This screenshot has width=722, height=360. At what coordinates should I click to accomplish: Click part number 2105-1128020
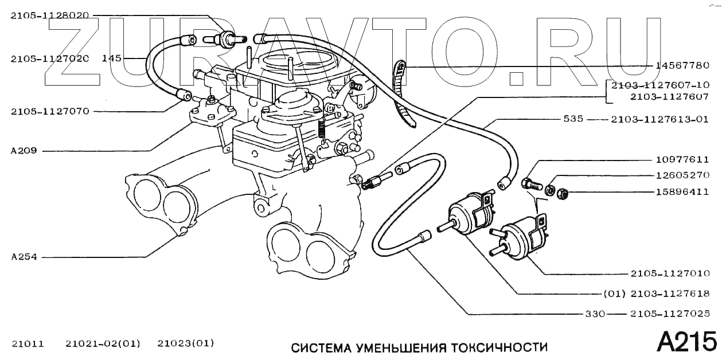49,16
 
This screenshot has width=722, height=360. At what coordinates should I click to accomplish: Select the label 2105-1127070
49,111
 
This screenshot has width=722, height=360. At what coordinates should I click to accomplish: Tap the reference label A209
24,151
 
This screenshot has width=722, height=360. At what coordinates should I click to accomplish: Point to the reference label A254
24,257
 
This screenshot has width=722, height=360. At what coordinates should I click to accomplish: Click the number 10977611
682,161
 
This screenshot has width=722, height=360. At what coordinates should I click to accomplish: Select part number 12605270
682,176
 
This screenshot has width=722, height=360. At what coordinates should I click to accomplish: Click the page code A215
686,342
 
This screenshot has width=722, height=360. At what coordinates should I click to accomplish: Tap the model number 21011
28,344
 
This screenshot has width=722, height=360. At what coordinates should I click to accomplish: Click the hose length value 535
573,119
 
